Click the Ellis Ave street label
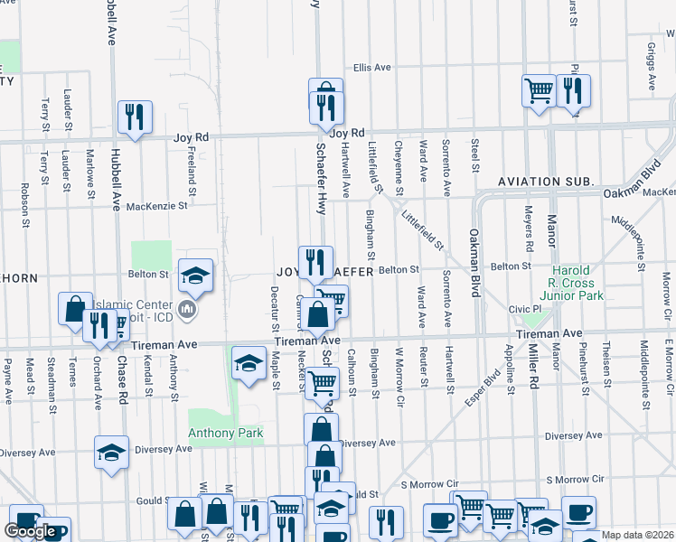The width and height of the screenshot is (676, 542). pyautogui.click(x=371, y=68)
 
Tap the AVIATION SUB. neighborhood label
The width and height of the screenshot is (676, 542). pyautogui.click(x=545, y=182)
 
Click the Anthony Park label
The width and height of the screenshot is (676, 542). pyautogui.click(x=225, y=434)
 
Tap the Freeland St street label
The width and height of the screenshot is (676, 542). pyautogui.click(x=192, y=171)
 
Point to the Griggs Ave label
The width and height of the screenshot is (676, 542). pyautogui.click(x=652, y=66)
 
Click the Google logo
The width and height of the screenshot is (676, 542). pyautogui.click(x=30, y=531)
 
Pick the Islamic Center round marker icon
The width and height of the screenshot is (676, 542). pyautogui.click(x=188, y=312)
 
